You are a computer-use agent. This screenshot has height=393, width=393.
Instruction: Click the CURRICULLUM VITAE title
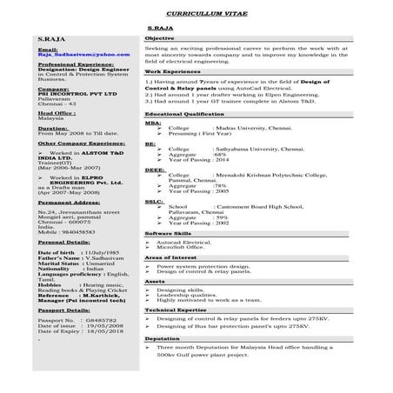click(x=197, y=16)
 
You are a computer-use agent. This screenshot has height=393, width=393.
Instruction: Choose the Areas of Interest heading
click(x=169, y=258)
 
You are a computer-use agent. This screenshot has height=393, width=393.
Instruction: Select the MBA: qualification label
click(x=150, y=123)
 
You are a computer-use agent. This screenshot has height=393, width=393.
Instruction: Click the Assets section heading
click(x=154, y=281)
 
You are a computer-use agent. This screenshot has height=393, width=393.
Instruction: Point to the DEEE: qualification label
click(x=152, y=170)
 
